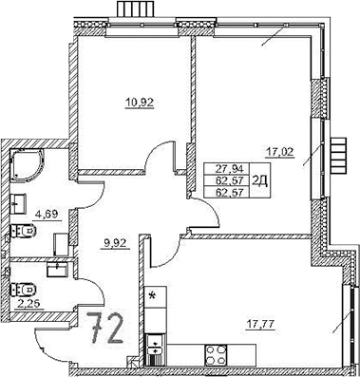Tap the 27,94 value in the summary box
point(228,165)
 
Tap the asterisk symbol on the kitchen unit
point(152,296)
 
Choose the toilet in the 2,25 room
point(23,287)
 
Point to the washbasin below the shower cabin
point(21,201)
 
